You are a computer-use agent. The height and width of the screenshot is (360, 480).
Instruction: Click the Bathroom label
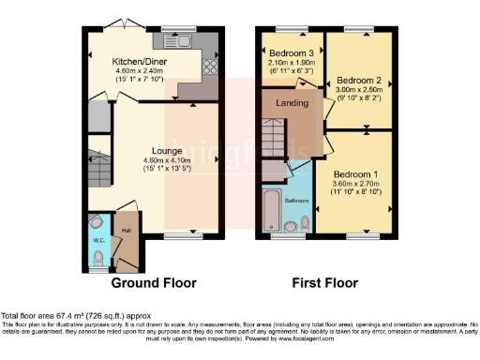(296, 201)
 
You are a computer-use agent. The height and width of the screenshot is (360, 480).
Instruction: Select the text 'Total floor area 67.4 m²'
(56, 316)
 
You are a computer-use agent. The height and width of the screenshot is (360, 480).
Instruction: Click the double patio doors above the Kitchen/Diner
(120, 22)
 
